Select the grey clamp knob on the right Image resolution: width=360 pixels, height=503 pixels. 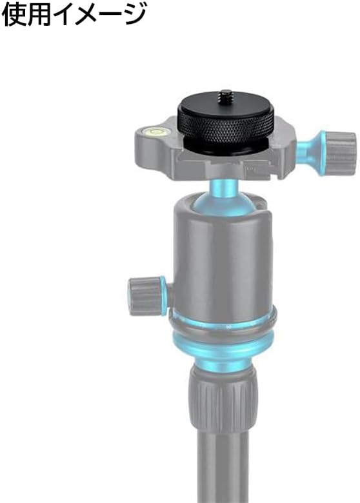[x=341, y=153]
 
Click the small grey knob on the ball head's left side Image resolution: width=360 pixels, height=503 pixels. [x=144, y=297]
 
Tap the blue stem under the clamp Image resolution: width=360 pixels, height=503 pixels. [x=224, y=187]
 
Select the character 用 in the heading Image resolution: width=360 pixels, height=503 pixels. [x=39, y=14]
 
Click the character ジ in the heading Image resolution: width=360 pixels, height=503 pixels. [x=134, y=14]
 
